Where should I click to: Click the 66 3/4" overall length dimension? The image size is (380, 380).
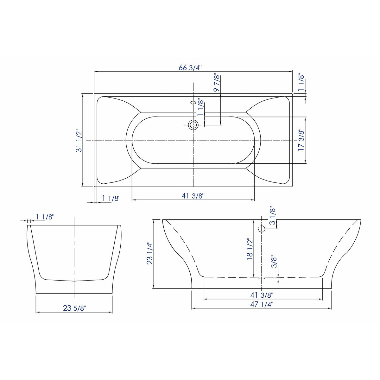coord(190,67)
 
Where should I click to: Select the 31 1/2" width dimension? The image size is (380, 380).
coord(79,141)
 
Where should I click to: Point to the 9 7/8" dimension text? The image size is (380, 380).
coord(217,83)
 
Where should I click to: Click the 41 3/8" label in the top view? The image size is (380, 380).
coord(193,196)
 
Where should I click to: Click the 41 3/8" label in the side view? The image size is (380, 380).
coord(262,295)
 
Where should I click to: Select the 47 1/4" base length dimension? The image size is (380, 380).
coord(262,304)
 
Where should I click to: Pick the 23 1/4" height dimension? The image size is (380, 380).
coord(150,253)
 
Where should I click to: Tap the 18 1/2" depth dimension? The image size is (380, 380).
coord(250,249)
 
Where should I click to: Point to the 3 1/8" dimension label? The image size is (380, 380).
coord(273,216)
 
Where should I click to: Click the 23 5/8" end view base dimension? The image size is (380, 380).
coord(74,308)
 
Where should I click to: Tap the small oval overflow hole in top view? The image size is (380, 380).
coord(193,103)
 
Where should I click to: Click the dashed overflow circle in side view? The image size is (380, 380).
coord(262,229)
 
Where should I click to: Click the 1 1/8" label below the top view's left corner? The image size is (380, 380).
coord(111,199)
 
